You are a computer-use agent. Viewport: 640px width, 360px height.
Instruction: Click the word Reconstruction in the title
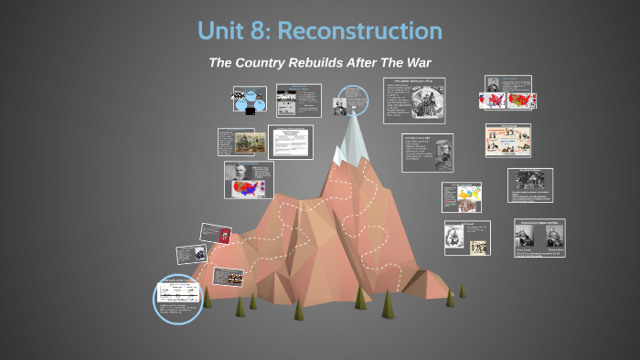click(x=360, y=30)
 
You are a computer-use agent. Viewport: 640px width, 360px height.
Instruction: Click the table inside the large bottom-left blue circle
click(x=179, y=292)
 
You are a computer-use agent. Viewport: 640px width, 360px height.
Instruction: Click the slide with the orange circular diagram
click(x=507, y=140)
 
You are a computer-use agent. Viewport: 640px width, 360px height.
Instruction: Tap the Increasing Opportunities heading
click(x=539, y=221)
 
